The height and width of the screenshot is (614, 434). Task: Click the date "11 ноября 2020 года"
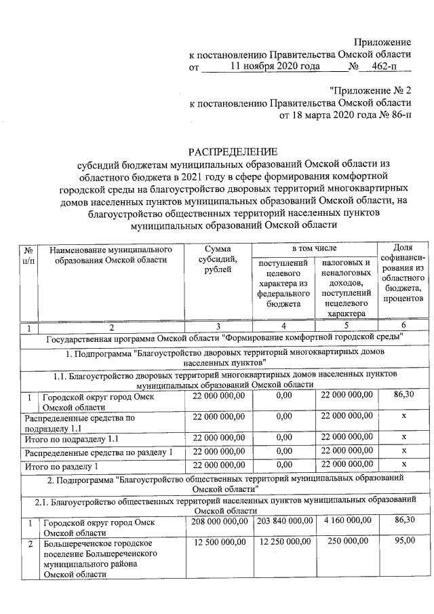(x=275, y=66)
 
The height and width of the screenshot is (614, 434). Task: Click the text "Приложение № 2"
(x=370, y=90)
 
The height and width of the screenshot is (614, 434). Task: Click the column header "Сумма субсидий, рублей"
(x=218, y=261)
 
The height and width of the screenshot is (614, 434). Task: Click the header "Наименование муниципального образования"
(x=111, y=255)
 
